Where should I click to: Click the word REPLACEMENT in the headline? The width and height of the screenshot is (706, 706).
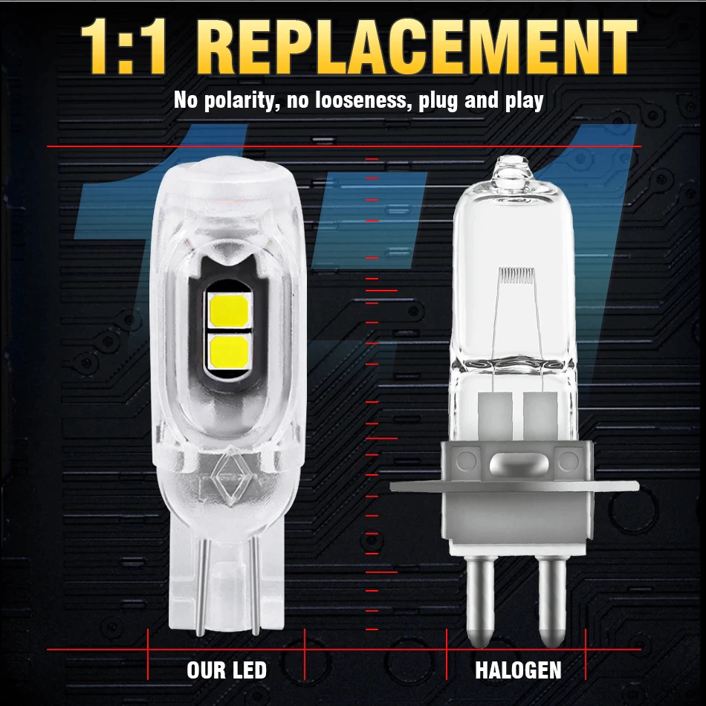422,46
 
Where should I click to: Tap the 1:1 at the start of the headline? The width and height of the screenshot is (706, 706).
123,46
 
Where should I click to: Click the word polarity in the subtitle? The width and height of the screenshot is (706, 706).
239,100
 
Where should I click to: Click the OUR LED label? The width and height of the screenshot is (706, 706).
227,670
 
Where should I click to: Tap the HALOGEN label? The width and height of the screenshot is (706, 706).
518,670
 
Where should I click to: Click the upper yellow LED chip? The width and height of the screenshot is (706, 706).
229,311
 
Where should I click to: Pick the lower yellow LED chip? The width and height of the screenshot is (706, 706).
229,350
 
